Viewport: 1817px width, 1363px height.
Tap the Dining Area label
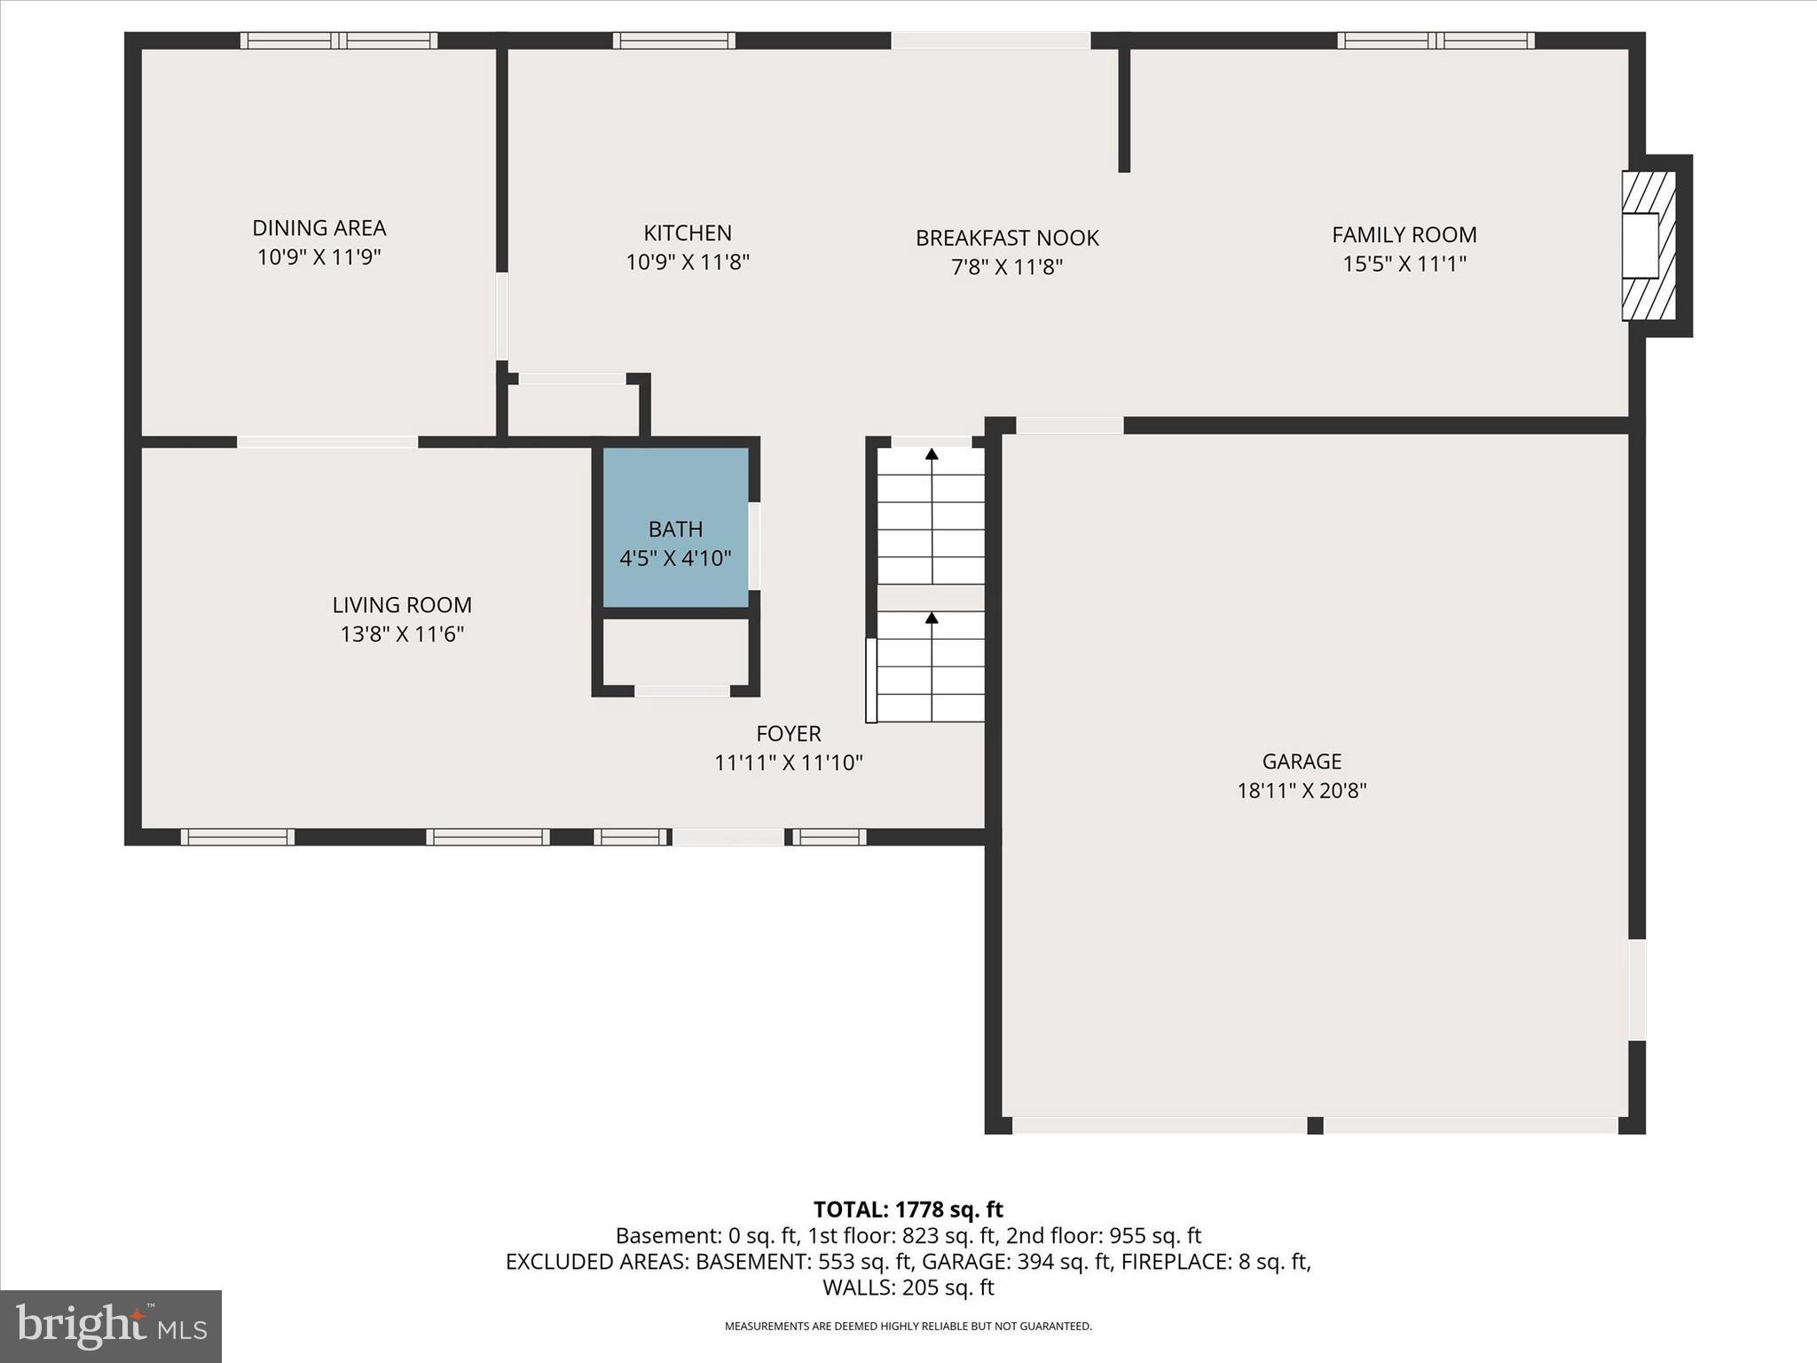tap(319, 228)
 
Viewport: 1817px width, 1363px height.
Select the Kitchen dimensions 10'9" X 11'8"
tap(688, 263)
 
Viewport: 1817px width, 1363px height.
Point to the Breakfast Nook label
tap(1007, 238)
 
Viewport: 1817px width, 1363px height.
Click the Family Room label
tap(1404, 235)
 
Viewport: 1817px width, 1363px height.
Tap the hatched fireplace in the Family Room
tap(1648, 246)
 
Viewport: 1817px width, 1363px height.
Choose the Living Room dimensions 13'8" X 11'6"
tap(402, 634)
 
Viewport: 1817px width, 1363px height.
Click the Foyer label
tap(788, 734)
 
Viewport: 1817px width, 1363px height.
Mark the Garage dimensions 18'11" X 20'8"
tap(1302, 791)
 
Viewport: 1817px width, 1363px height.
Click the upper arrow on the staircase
tap(932, 455)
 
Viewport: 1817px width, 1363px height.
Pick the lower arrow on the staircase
tap(932, 618)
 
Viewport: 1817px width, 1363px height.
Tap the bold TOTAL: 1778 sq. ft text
tap(908, 1209)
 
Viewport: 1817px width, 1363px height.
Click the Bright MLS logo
tap(111, 1326)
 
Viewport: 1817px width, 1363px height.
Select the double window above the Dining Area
tap(339, 41)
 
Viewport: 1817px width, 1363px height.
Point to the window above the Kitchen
tap(674, 41)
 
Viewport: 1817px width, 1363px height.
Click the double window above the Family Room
tap(1436, 41)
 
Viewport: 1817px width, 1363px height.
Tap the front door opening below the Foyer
tap(728, 837)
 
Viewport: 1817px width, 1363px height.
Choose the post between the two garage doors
tap(1315, 1125)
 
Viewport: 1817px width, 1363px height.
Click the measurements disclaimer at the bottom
tap(908, 1327)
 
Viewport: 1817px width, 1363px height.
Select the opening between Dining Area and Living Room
tap(327, 442)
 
